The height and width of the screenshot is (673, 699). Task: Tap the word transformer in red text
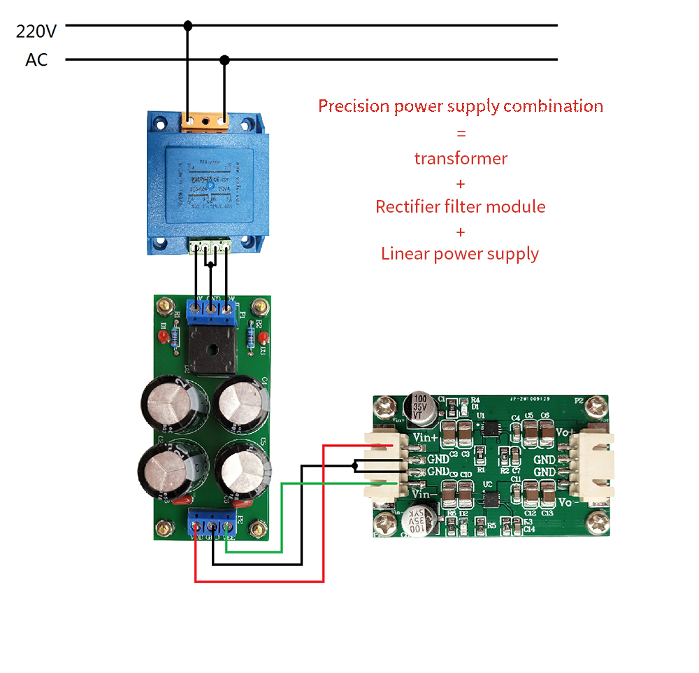click(461, 158)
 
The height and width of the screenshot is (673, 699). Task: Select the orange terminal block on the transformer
click(206, 120)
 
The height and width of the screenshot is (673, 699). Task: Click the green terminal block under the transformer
click(212, 245)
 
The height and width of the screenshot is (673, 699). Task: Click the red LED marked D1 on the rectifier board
click(163, 337)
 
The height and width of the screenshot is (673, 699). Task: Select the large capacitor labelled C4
click(241, 403)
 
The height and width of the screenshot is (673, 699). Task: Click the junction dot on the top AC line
click(187, 26)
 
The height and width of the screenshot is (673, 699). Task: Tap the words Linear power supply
click(460, 253)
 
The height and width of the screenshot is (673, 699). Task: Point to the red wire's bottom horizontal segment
click(259, 581)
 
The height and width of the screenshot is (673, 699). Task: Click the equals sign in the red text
click(461, 133)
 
